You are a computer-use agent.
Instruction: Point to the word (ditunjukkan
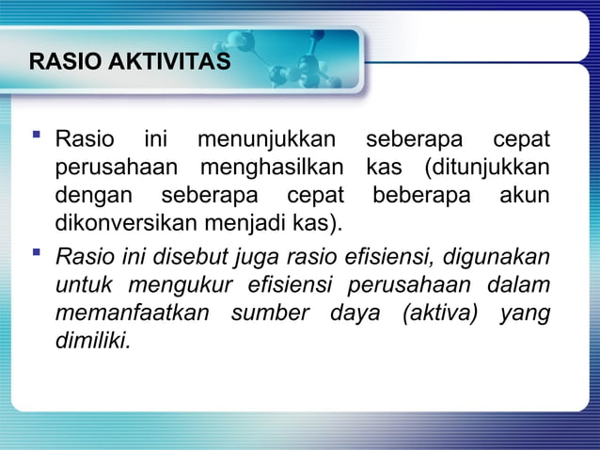(x=478, y=170)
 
